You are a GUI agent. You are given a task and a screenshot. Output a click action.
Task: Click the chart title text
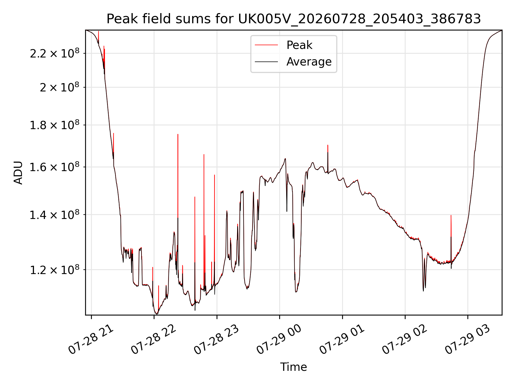pyautogui.click(x=294, y=19)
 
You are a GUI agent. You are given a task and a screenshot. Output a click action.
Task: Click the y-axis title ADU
pyautogui.click(x=18, y=173)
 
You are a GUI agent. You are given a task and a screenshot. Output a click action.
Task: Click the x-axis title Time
pyautogui.click(x=293, y=367)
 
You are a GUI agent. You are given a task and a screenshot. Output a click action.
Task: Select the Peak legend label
pyautogui.click(x=299, y=45)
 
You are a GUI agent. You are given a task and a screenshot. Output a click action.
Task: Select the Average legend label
pyautogui.click(x=309, y=62)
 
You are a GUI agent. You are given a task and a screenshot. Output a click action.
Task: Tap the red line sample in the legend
pyautogui.click(x=266, y=45)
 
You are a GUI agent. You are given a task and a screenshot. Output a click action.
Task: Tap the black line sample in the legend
pyautogui.click(x=266, y=62)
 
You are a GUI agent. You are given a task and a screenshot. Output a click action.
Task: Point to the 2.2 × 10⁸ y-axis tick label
pyautogui.click(x=55, y=53)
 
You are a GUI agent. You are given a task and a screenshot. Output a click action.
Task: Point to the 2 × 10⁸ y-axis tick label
pyautogui.click(x=59, y=87)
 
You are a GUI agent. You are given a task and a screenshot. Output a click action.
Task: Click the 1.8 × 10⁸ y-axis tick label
pyautogui.click(x=55, y=125)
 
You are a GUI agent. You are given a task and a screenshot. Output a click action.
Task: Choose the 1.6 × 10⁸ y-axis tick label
pyautogui.click(x=55, y=167)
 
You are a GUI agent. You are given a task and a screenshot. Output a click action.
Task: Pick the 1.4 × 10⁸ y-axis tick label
pyautogui.click(x=55, y=215)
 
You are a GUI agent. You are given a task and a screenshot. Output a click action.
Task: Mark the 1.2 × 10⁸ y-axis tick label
pyautogui.click(x=55, y=270)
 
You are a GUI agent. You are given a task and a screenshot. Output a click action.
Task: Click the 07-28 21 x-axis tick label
pyautogui.click(x=91, y=340)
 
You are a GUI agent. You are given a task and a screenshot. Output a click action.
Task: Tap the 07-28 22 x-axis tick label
pyautogui.click(x=154, y=340)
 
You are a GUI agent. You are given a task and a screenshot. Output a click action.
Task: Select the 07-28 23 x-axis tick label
pyautogui.click(x=217, y=340)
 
